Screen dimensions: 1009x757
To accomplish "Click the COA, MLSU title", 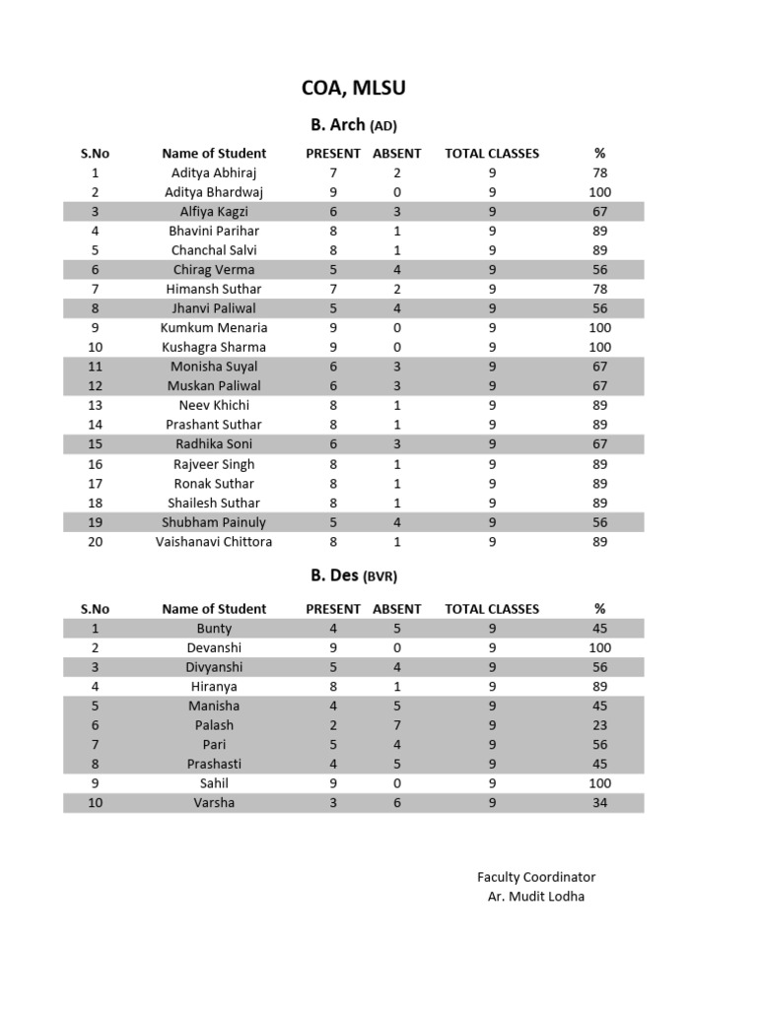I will (x=353, y=89).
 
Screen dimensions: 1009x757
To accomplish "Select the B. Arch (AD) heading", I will (x=353, y=125).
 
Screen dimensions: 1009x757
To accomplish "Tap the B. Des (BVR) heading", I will (x=354, y=576).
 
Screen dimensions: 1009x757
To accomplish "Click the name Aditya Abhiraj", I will (x=214, y=172).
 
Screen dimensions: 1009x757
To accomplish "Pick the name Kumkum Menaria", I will (x=214, y=327).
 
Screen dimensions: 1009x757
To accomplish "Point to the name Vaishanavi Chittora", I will (x=214, y=541).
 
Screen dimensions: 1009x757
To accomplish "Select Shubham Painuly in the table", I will (x=214, y=522).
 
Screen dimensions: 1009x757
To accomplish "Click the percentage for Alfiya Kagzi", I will (x=599, y=211).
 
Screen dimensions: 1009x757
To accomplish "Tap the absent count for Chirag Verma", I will (x=396, y=269).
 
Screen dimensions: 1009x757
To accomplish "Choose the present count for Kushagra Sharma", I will (x=333, y=347).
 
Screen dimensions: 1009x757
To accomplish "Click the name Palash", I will (x=214, y=725).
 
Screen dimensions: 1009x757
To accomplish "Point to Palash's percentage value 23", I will (x=599, y=725).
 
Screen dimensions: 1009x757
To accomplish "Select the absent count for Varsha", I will (x=396, y=803).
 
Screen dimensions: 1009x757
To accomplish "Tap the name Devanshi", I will (x=214, y=647).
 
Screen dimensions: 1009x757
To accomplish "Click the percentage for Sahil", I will (x=599, y=783).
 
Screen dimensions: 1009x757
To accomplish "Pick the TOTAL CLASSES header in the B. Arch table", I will (x=492, y=153).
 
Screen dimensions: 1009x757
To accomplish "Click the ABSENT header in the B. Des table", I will (x=396, y=609).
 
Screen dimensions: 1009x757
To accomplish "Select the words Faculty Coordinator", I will (x=536, y=877).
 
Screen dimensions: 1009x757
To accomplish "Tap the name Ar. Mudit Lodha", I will (x=536, y=897).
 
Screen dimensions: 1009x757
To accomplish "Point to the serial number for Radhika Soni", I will (x=96, y=444).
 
